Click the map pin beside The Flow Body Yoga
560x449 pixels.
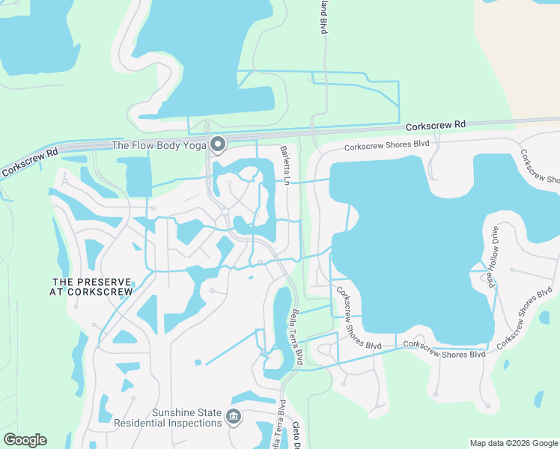click(x=218, y=144)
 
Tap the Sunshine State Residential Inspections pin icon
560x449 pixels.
click(x=233, y=416)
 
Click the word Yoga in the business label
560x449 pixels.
click(x=192, y=145)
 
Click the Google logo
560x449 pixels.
click(x=25, y=440)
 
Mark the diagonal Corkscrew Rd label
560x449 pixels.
click(x=30, y=162)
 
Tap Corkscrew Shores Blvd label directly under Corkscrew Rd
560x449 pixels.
click(x=386, y=147)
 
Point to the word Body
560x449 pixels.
click(x=168, y=145)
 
